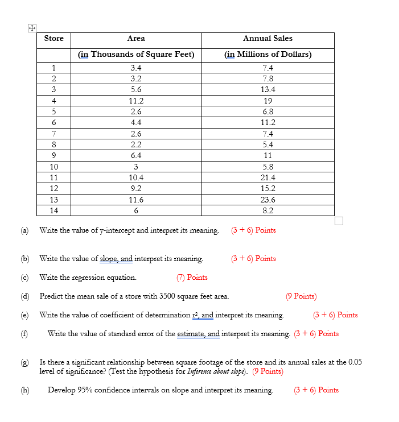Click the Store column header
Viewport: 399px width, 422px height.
[x=54, y=38]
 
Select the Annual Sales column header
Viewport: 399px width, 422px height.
[x=268, y=38]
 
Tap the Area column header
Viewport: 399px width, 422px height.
[x=136, y=38]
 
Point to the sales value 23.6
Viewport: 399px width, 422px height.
[x=268, y=200]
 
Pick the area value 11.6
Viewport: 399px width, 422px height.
[x=136, y=200]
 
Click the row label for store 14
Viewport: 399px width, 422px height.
[x=54, y=210]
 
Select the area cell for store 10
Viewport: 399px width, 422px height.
[x=136, y=167]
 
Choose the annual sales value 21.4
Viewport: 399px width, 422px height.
[x=268, y=177]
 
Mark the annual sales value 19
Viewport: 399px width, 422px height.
[x=268, y=101]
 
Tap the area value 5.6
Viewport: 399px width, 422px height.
[x=136, y=89]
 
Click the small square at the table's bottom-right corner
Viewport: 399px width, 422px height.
[x=339, y=221]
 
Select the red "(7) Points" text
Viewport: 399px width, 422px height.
[x=192, y=278]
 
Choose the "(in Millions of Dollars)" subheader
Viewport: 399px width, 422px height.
[x=268, y=55]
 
